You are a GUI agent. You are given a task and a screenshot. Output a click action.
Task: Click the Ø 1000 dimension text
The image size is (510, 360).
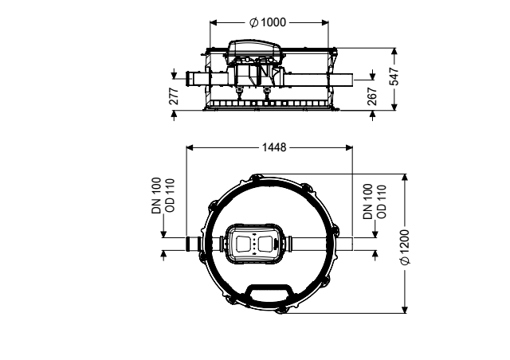pos(268,22)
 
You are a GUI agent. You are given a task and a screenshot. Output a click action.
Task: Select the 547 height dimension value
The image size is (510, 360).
pos(394,76)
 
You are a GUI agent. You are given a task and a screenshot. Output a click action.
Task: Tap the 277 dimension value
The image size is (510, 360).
pos(174,96)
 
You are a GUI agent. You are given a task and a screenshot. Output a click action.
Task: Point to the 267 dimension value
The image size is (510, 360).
pos(372,96)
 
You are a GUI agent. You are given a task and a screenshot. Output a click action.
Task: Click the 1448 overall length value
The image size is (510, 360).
pos(274,147)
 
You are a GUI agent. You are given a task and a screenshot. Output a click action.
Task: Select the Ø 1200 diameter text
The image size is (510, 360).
pos(405,247)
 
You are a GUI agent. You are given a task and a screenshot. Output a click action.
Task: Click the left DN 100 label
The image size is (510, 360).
pos(156,195)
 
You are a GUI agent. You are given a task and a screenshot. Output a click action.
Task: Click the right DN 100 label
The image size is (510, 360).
pos(367,202)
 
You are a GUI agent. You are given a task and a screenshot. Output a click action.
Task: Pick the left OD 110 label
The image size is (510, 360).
pos(170,195)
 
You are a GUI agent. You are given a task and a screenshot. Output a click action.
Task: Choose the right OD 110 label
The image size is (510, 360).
pos(382,202)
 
